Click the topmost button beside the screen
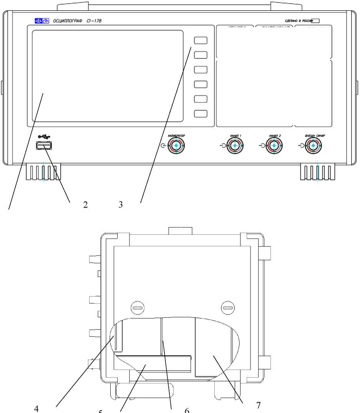[201, 40]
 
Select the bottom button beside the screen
[201, 113]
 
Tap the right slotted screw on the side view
[227, 307]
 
